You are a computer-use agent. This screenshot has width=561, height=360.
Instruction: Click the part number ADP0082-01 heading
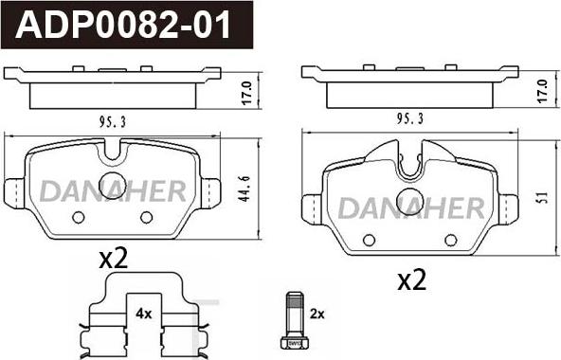tap(125, 23)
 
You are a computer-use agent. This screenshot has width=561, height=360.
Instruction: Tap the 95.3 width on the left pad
tap(113, 120)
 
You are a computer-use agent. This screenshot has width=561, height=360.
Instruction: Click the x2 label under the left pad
tap(113, 259)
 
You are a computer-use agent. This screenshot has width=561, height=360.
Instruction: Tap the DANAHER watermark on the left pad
tap(113, 192)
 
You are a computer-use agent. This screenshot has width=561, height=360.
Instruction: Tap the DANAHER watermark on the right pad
tap(411, 207)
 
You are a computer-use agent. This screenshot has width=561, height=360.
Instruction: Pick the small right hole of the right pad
tap(449, 239)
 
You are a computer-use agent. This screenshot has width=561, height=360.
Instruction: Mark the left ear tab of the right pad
tap(310, 206)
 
